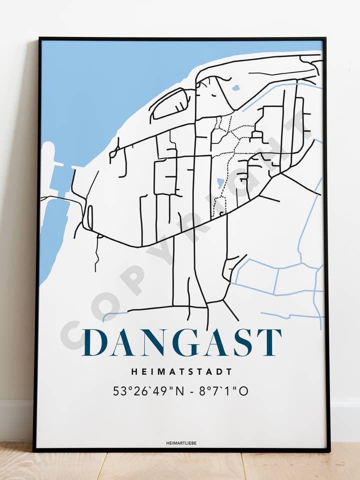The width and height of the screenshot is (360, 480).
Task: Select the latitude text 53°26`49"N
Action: (148, 391)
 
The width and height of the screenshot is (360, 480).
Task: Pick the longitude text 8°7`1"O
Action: (223, 391)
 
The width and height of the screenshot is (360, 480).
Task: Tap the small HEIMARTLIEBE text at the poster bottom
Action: (181, 443)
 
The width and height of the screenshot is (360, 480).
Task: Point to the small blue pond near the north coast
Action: (235, 88)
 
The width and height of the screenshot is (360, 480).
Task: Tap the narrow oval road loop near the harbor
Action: (90, 217)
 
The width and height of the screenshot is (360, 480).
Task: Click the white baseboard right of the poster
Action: (345, 420)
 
